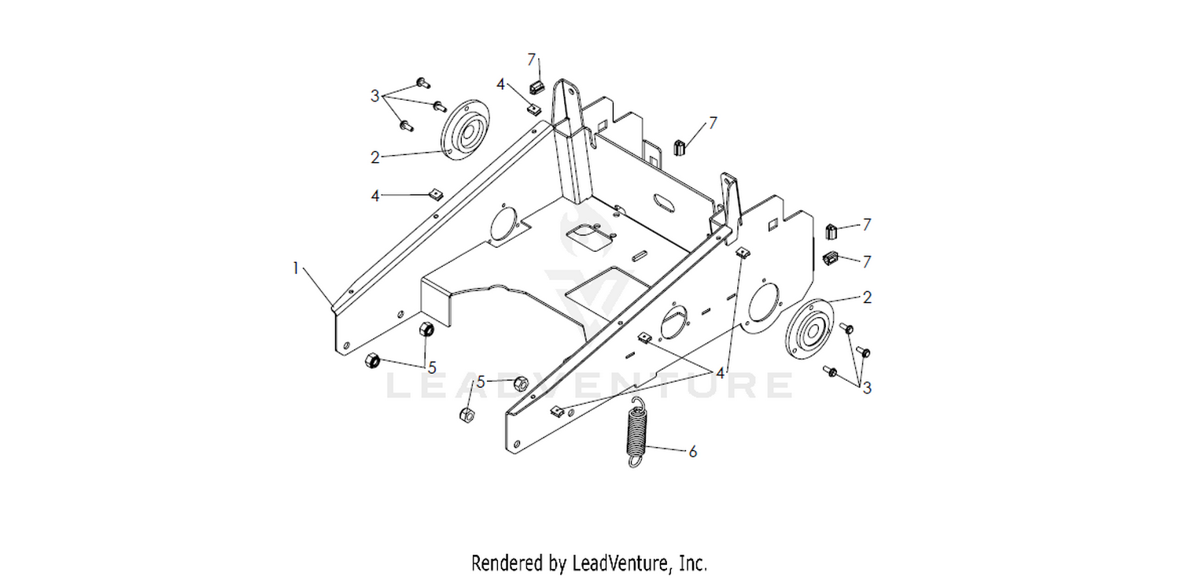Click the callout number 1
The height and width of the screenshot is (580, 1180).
pyautogui.click(x=296, y=268)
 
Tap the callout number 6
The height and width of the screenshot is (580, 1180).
pyautogui.click(x=693, y=452)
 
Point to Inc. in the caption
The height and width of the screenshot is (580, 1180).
pyautogui.click(x=693, y=563)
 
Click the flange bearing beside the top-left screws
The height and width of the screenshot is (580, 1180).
pyautogui.click(x=465, y=130)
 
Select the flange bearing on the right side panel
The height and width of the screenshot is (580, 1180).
pyautogui.click(x=809, y=329)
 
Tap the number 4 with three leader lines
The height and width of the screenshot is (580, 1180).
pyautogui.click(x=720, y=374)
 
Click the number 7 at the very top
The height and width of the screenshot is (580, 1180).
pyautogui.click(x=532, y=60)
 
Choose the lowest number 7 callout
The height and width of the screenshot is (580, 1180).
pyautogui.click(x=867, y=262)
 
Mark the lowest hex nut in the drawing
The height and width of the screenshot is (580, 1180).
pyautogui.click(x=466, y=415)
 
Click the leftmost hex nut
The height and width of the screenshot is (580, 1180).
pyautogui.click(x=372, y=360)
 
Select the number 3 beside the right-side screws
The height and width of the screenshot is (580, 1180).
pyautogui.click(x=867, y=388)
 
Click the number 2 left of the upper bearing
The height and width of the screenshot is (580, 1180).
pyautogui.click(x=375, y=157)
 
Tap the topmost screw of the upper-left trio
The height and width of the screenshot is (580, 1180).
pyautogui.click(x=422, y=82)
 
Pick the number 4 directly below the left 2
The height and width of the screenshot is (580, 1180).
pyautogui.click(x=375, y=196)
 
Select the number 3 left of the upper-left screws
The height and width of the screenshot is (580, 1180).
pyautogui.click(x=374, y=96)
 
